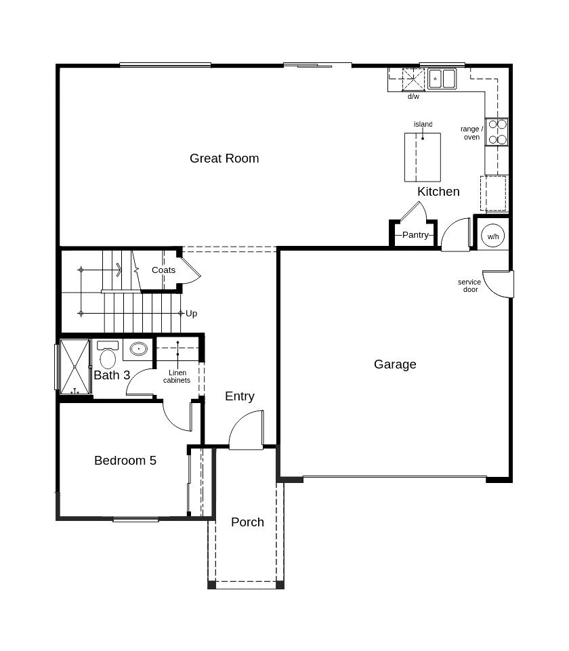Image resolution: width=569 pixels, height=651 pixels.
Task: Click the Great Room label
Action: [224, 159]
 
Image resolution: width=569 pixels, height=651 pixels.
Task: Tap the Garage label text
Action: [395, 364]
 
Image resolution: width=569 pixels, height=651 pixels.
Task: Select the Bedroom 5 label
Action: [125, 461]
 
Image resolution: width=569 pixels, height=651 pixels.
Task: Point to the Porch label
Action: [247, 522]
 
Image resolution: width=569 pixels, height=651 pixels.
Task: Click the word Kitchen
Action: [438, 192]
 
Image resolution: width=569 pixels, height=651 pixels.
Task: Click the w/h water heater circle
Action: [492, 236]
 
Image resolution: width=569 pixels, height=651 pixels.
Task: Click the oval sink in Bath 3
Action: [138, 350]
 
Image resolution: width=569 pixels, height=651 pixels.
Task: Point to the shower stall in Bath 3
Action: [75, 366]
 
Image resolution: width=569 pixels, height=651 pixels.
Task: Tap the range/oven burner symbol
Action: [497, 132]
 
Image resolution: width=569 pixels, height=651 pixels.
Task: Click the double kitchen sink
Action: [442, 79]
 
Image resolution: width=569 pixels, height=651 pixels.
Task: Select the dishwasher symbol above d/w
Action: [413, 79]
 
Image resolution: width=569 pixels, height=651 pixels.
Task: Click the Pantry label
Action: [415, 235]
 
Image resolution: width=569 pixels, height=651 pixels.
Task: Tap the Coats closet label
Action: [163, 270]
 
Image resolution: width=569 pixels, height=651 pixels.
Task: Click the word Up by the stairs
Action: [192, 314]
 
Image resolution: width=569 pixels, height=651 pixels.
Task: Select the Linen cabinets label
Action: [177, 377]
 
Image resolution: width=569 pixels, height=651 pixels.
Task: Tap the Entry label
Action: [240, 396]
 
